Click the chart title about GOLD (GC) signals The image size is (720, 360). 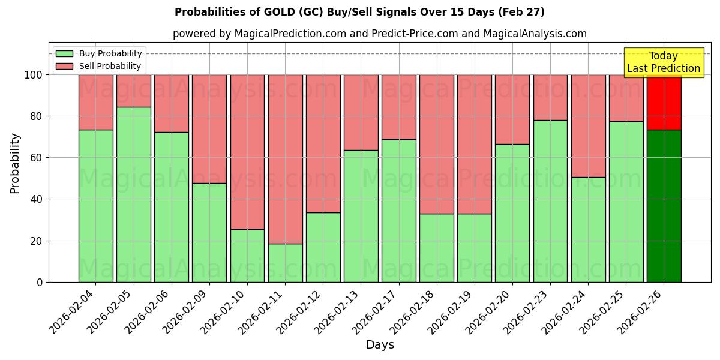coord(359,12)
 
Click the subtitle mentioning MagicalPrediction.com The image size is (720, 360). coord(379,34)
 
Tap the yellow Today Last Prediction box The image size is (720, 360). coord(663,62)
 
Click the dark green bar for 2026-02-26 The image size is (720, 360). coord(664,206)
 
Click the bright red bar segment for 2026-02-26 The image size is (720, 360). coord(664,102)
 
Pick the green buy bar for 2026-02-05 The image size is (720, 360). coord(133,194)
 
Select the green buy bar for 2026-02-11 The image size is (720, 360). coord(285,263)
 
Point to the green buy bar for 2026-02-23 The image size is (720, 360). coord(550,201)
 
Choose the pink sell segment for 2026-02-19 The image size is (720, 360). coord(475,144)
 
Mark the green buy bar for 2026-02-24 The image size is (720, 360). coord(588,229)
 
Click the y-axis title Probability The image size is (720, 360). coord(15,163)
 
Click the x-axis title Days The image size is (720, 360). coord(379,345)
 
